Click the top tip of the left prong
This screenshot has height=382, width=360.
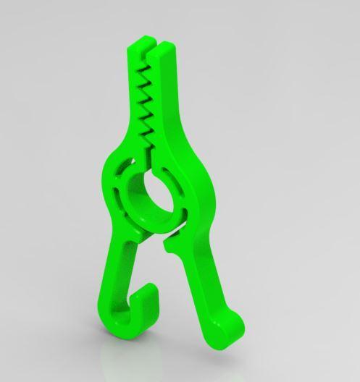136,48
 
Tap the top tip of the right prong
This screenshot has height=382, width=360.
166,46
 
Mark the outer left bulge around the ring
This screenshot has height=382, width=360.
106,181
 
